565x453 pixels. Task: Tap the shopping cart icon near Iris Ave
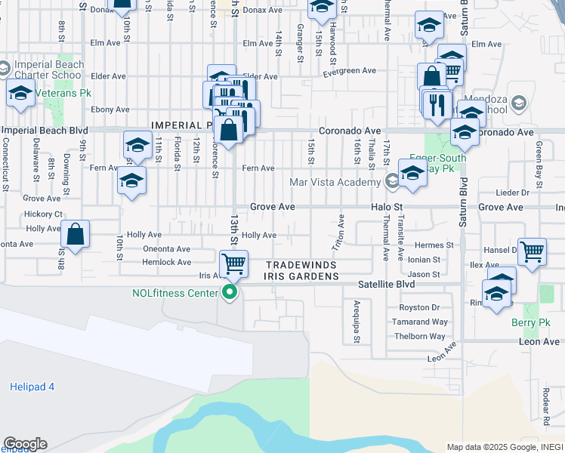click(x=233, y=264)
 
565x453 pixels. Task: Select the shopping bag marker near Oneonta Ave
click(x=75, y=236)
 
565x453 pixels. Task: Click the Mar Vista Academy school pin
click(x=391, y=181)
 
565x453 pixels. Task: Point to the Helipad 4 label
click(x=32, y=387)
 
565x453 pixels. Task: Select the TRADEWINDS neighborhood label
click(x=301, y=265)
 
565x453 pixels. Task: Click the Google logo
click(x=24, y=444)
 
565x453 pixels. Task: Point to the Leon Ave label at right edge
click(x=539, y=342)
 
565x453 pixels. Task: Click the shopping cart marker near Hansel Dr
click(x=532, y=251)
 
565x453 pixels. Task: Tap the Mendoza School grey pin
click(x=518, y=103)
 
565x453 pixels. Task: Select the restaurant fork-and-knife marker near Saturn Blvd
click(x=437, y=104)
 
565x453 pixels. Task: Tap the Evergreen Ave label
click(x=350, y=71)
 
